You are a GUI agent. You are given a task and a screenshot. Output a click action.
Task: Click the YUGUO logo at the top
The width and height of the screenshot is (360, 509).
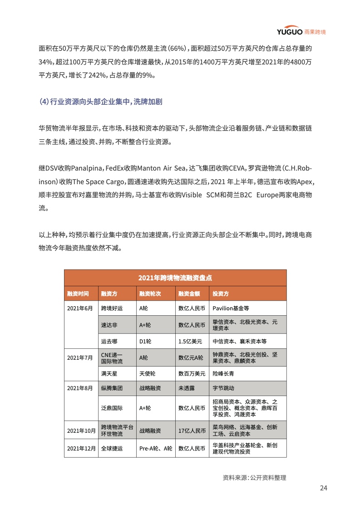click(x=301, y=31)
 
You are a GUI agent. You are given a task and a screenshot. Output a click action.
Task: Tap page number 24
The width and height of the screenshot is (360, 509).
click(x=323, y=488)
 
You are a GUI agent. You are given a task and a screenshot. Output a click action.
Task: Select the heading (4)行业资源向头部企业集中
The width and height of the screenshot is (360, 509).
click(x=100, y=102)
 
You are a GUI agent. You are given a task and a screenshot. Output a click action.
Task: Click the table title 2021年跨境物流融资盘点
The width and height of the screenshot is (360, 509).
click(x=175, y=278)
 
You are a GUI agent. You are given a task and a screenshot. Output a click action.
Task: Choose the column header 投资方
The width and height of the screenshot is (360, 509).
click(x=221, y=294)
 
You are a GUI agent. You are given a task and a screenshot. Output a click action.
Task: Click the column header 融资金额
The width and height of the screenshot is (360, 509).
click(x=189, y=294)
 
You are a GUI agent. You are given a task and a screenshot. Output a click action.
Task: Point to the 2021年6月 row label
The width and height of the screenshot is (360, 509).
click(x=79, y=308)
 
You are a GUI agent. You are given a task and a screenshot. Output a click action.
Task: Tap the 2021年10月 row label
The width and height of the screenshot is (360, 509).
click(x=81, y=430)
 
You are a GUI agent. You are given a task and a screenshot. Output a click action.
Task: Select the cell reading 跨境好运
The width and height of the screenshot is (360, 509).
click(x=112, y=308)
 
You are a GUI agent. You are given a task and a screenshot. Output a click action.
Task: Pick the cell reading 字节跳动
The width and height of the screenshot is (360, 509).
click(x=224, y=388)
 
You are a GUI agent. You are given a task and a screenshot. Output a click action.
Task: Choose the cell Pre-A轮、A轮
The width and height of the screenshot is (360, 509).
click(x=155, y=449)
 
